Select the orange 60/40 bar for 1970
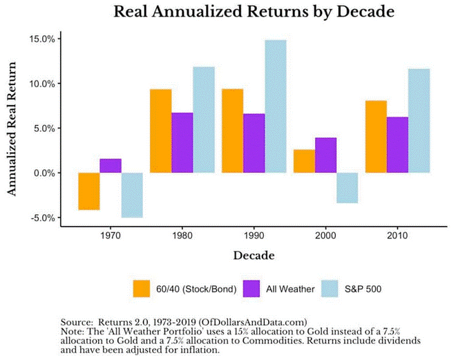tap(88, 191)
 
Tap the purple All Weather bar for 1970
tap(111, 166)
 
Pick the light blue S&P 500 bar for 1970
tap(132, 195)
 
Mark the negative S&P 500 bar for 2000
tap(347, 188)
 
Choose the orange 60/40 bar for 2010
tap(376, 137)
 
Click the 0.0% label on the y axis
tap(44, 173)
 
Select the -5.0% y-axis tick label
tap(42, 218)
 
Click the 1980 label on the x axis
tap(182, 236)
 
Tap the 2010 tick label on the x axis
tap(397, 236)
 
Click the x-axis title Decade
tap(253, 256)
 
